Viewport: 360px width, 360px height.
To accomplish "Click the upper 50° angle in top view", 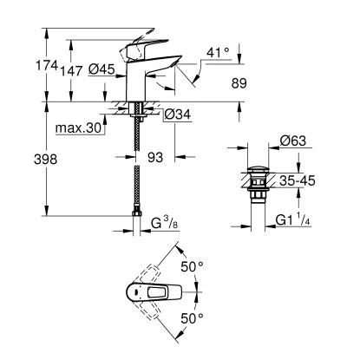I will click(x=192, y=266).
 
